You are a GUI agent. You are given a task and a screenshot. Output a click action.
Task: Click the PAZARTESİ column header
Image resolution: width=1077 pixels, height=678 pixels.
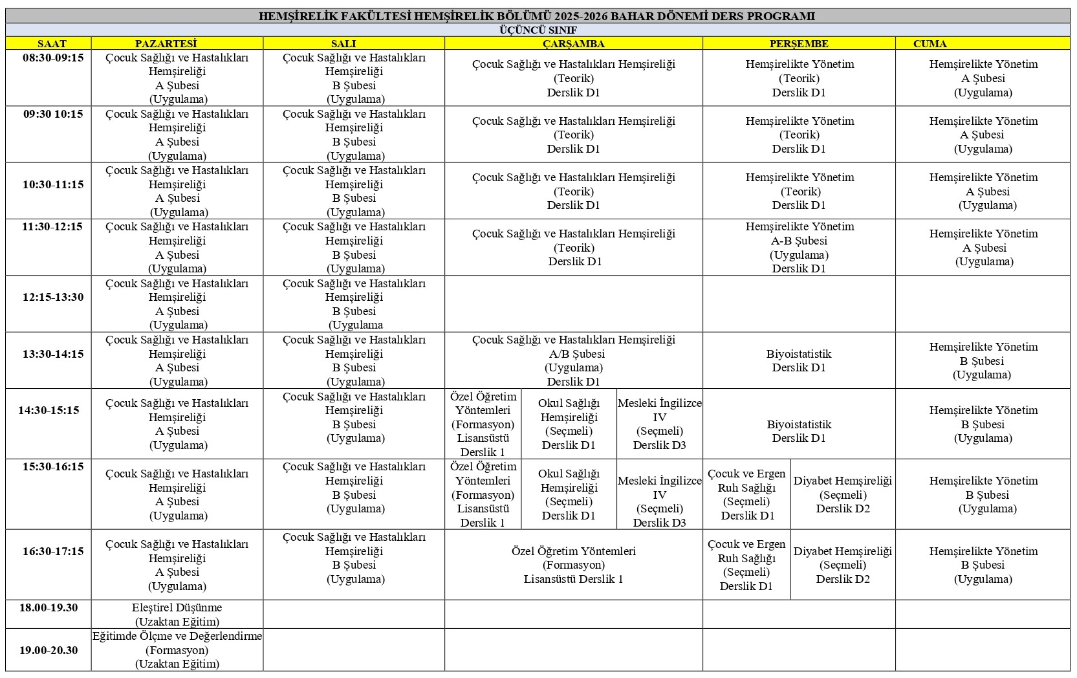pyautogui.click(x=166, y=43)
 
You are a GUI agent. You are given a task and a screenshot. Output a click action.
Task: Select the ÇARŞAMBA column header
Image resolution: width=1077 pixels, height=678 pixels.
pyautogui.click(x=573, y=43)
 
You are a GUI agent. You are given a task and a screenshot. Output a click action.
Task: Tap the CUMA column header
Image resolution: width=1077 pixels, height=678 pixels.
pyautogui.click(x=930, y=43)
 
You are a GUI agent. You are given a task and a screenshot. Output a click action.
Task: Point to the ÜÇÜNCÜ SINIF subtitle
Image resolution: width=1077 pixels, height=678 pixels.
pyautogui.click(x=538, y=30)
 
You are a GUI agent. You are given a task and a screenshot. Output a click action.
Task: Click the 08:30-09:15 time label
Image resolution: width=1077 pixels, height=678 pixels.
pyautogui.click(x=53, y=58)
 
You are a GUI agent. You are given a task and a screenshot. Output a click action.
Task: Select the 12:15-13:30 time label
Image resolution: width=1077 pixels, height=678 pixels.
pyautogui.click(x=53, y=297)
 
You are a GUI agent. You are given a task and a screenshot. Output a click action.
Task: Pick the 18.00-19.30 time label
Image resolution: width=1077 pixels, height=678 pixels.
pyautogui.click(x=49, y=607)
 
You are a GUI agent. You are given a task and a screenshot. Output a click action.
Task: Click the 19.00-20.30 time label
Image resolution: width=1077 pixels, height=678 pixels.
pyautogui.click(x=49, y=650)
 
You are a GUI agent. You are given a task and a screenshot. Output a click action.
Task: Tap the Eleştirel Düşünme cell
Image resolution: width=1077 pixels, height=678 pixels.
pyautogui.click(x=177, y=615)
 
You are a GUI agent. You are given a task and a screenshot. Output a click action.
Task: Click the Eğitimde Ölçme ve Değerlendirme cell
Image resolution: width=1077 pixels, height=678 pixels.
pyautogui.click(x=177, y=650)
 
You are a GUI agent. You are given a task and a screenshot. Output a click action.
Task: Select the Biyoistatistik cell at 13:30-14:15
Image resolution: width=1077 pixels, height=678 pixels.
pyautogui.click(x=799, y=360)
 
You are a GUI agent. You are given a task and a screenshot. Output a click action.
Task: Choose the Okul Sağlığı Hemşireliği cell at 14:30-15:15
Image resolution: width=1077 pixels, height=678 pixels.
pyautogui.click(x=569, y=424)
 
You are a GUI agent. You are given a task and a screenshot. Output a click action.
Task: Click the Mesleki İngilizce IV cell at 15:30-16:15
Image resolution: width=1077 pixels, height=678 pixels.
pyautogui.click(x=659, y=494)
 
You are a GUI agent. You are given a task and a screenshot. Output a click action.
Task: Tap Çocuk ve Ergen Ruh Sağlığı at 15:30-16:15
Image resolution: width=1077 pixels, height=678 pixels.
pyautogui.click(x=747, y=494)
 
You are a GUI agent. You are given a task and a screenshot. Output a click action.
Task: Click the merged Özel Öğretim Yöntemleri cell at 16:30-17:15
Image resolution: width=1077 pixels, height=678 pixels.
pyautogui.click(x=573, y=565)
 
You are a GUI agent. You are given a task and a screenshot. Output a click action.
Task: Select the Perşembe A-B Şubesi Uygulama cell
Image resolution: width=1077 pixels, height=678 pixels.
pyautogui.click(x=799, y=247)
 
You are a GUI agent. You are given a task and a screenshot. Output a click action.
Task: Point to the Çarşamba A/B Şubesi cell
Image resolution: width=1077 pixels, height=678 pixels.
pyautogui.click(x=573, y=360)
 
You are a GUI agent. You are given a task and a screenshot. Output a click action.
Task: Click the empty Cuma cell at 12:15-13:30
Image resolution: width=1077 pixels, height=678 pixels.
pyautogui.click(x=983, y=303)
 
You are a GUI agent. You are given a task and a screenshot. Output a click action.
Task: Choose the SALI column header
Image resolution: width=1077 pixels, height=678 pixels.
pyautogui.click(x=343, y=43)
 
